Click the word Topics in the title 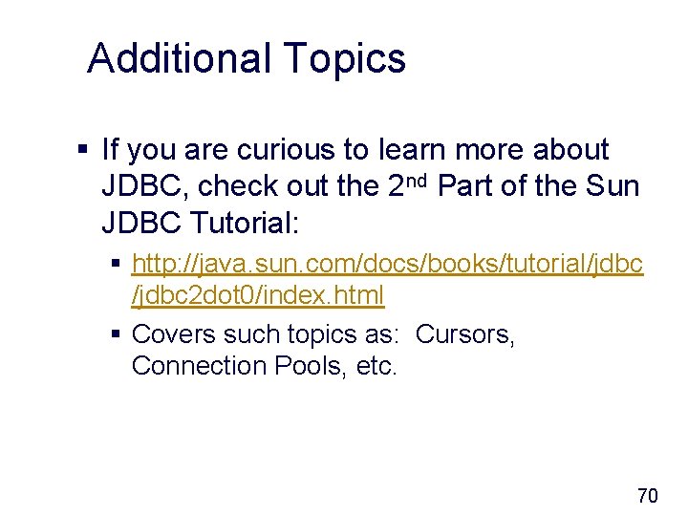click(x=345, y=60)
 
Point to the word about click(x=570, y=149)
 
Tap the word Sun click(x=611, y=186)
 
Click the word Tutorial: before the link click(x=246, y=224)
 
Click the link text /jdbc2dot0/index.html click(x=258, y=295)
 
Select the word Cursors click(x=465, y=334)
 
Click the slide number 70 click(x=647, y=495)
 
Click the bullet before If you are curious click(x=83, y=150)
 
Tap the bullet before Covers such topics click(x=116, y=335)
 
